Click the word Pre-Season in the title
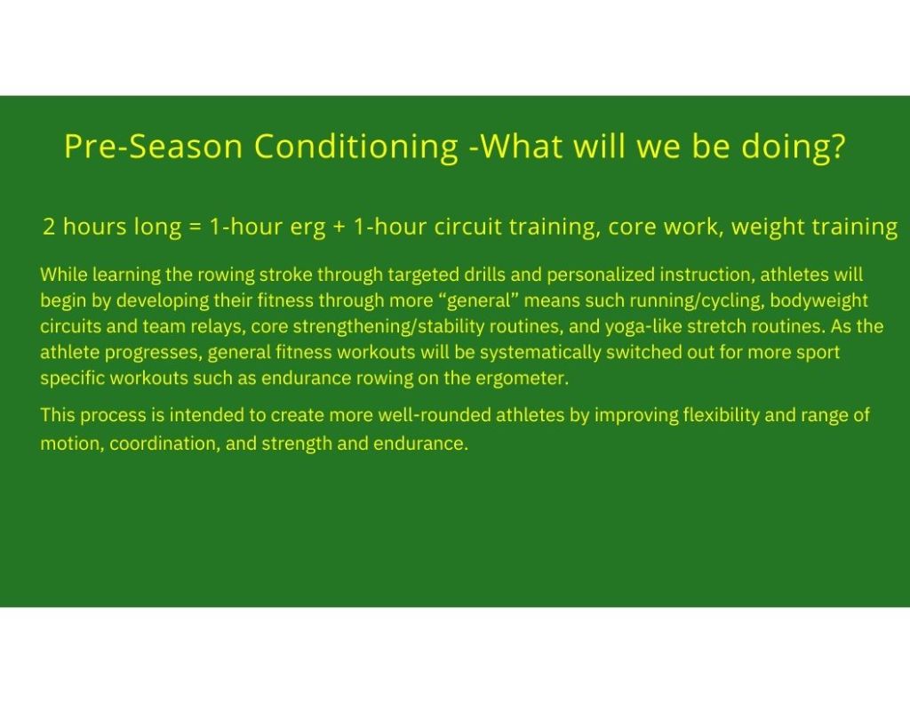(153, 146)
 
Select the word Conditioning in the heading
(356, 148)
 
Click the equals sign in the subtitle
(195, 227)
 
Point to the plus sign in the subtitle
(339, 227)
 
